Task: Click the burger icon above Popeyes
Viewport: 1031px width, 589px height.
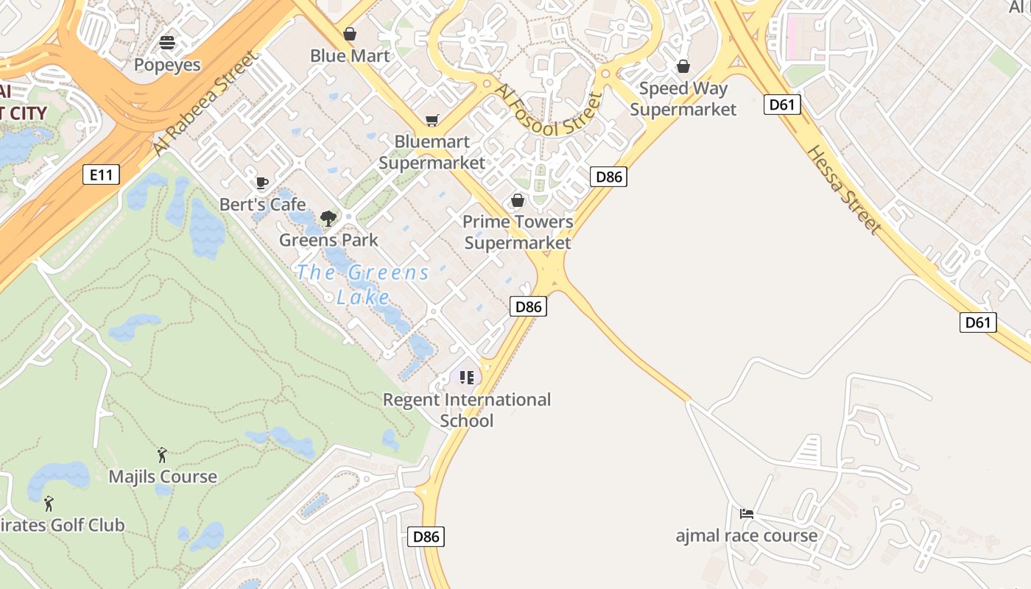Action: point(167,43)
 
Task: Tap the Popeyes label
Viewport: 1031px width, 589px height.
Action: point(167,65)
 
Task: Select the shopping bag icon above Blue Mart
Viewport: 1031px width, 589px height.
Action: point(350,34)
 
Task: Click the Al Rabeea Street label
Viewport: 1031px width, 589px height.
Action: point(207,102)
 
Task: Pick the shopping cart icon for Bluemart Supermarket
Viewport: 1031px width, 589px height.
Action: point(432,120)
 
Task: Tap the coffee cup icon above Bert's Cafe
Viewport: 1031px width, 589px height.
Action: point(261,183)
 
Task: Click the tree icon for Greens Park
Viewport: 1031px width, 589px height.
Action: point(328,218)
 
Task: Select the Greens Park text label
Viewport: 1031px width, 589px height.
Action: point(328,239)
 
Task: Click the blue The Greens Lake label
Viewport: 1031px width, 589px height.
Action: point(363,284)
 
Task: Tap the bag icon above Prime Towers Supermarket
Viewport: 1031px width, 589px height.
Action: point(518,200)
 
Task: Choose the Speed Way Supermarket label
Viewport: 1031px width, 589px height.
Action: point(683,99)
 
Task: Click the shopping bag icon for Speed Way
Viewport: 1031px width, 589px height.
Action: point(683,66)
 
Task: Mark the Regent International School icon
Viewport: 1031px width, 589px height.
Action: point(466,378)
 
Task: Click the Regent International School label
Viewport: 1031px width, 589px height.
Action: point(467,410)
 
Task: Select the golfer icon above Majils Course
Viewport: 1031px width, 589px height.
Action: point(162,455)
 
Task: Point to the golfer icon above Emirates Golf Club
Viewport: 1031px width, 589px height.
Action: point(49,504)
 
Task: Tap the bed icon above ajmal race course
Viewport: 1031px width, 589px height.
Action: point(747,513)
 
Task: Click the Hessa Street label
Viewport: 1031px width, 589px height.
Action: point(844,189)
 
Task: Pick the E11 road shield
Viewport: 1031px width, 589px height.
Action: point(101,174)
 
